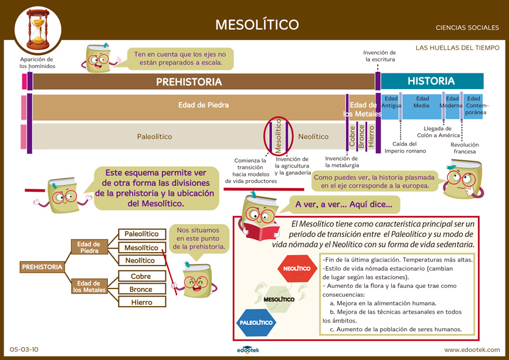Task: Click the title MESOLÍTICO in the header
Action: (x=257, y=25)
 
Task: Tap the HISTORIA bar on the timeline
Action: (x=432, y=81)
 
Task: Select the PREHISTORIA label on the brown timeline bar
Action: (x=189, y=82)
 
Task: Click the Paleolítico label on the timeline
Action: (x=155, y=137)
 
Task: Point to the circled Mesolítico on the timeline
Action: (x=278, y=136)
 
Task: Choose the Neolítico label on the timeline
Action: (x=313, y=137)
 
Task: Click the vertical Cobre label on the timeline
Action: (x=352, y=137)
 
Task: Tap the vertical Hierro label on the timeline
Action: (x=371, y=137)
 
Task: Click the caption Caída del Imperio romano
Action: (x=405, y=147)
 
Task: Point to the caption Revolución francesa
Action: (x=464, y=148)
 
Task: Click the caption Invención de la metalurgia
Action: (x=342, y=162)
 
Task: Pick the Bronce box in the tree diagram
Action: (x=142, y=289)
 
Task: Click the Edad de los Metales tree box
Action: (x=89, y=287)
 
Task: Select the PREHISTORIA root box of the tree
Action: (x=42, y=267)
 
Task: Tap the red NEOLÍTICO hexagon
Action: (x=297, y=269)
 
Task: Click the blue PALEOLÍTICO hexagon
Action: (x=256, y=322)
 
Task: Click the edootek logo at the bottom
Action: (x=248, y=349)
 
